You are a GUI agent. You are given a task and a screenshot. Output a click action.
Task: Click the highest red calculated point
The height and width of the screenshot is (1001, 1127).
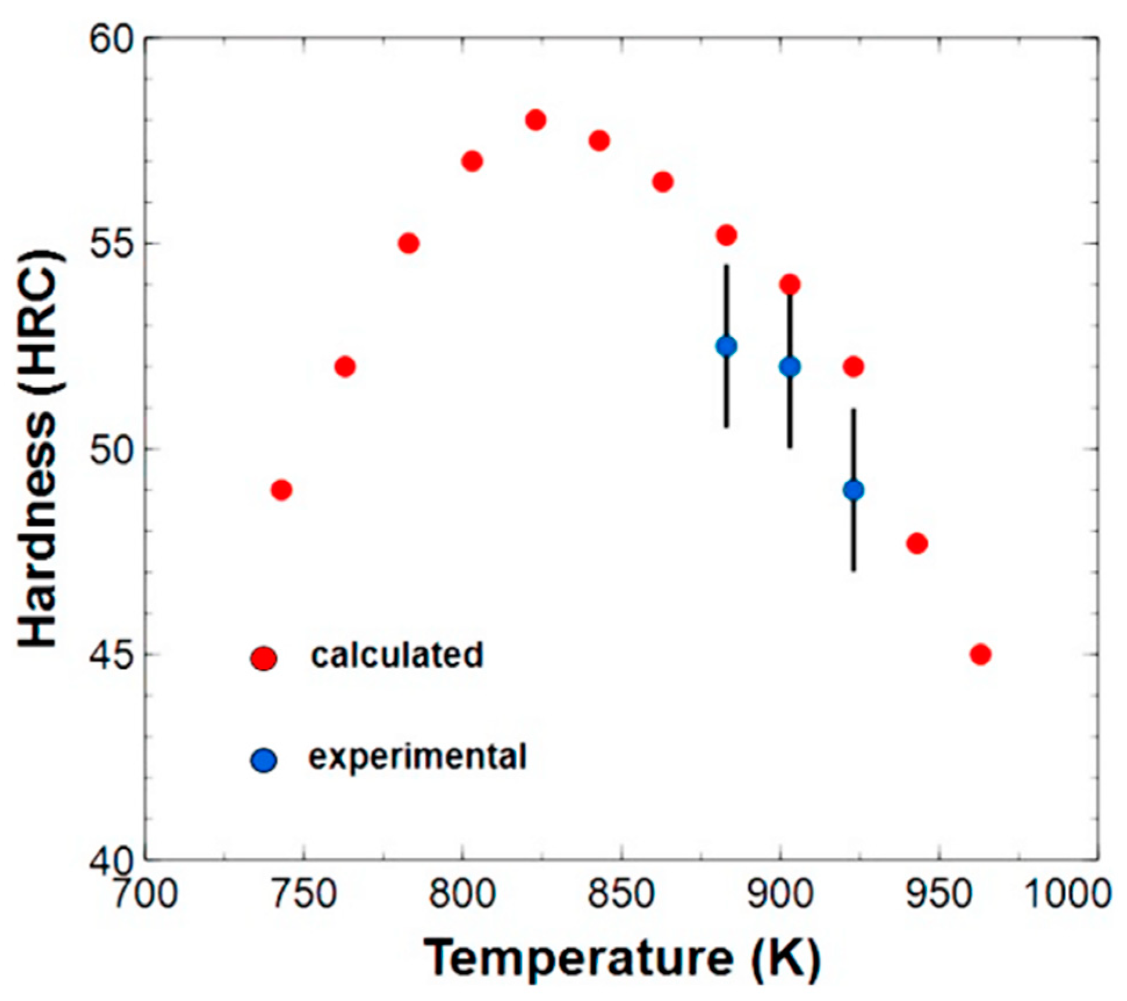click(x=536, y=120)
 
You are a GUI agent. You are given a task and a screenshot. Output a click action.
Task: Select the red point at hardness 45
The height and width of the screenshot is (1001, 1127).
click(x=980, y=654)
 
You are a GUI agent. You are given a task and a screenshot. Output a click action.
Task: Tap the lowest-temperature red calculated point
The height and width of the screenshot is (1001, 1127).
click(x=281, y=490)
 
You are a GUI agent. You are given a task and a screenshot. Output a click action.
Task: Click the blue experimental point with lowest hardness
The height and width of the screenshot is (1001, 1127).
click(x=853, y=490)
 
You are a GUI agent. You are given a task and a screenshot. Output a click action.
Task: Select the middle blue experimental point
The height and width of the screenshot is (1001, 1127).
click(x=790, y=366)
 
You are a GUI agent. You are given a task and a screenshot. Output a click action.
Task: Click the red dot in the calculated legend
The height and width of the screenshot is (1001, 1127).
click(x=264, y=658)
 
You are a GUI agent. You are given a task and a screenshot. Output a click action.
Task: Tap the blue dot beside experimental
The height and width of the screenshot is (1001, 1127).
click(x=264, y=760)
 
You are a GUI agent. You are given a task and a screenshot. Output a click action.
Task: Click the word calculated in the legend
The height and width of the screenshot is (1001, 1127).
click(x=397, y=655)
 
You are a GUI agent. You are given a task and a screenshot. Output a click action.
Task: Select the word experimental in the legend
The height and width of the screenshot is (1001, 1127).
click(x=418, y=757)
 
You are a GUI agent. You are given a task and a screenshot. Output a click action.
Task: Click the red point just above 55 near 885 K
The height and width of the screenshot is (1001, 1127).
click(x=727, y=235)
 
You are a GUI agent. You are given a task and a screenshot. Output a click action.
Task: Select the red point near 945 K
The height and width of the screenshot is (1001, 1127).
click(x=916, y=543)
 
